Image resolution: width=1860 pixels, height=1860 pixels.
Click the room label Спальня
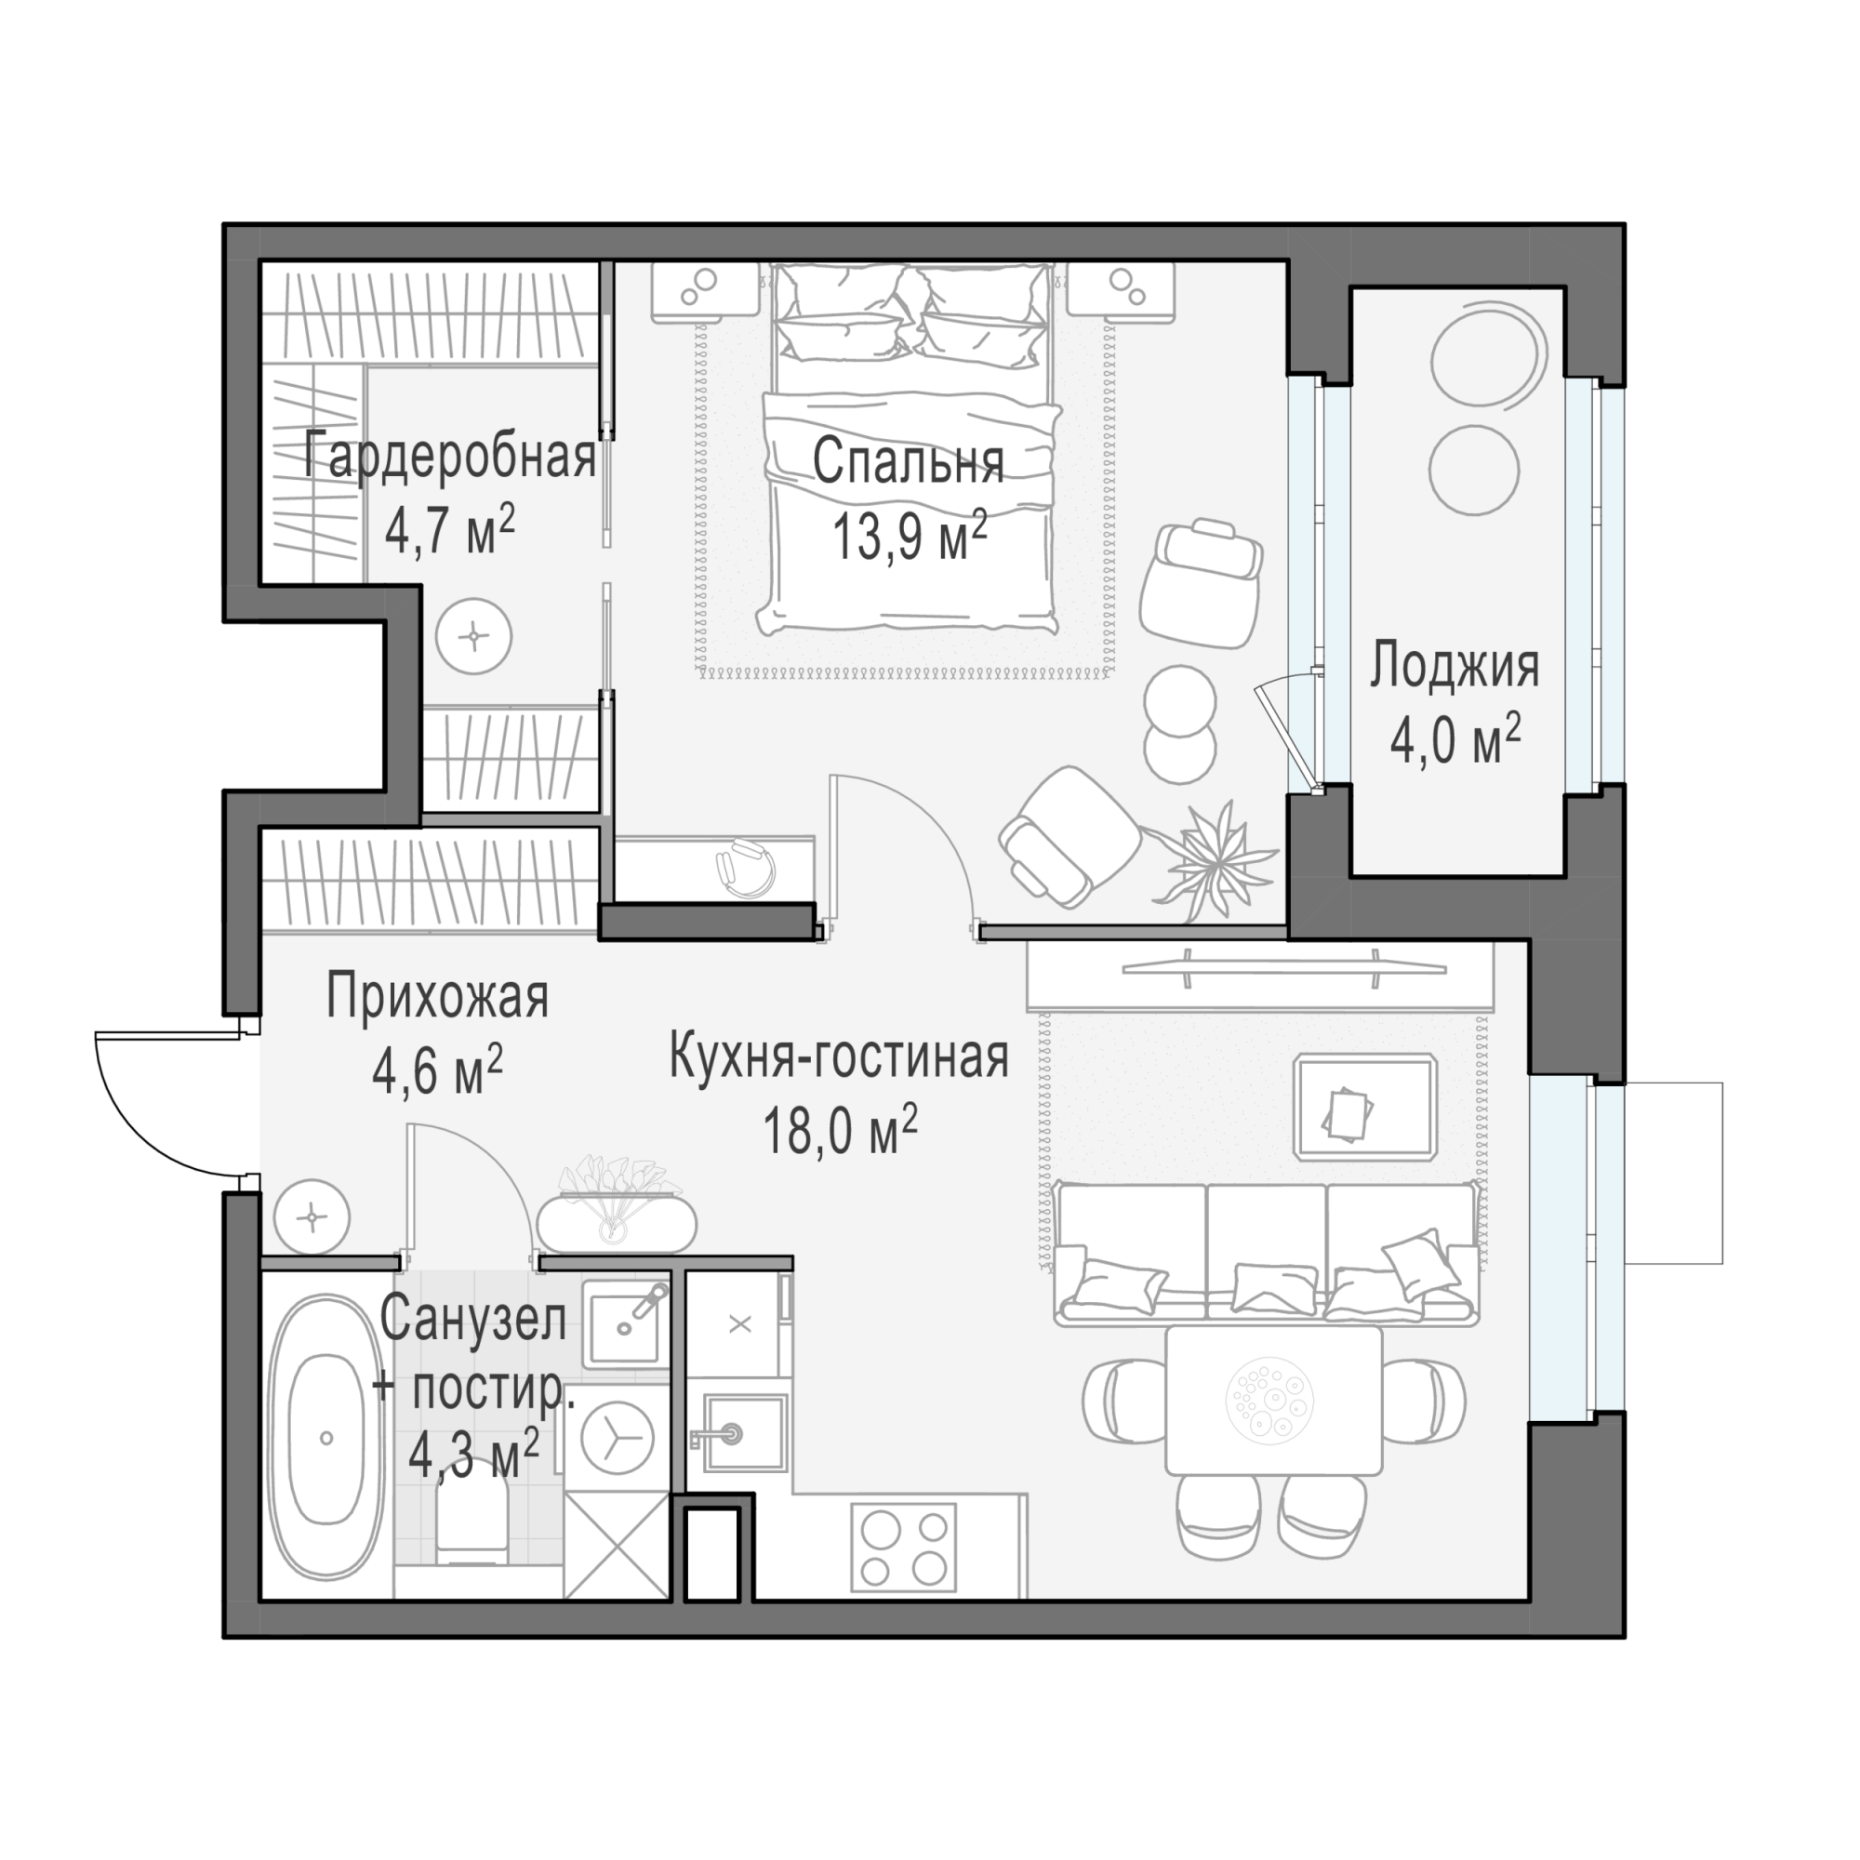click(908, 463)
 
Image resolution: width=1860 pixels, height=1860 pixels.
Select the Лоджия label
click(1455, 667)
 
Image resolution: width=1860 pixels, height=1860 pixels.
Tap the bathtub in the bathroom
click(325, 1438)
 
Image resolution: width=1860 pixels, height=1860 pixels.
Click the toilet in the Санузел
click(472, 1512)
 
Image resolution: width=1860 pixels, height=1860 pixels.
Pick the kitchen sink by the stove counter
click(743, 1432)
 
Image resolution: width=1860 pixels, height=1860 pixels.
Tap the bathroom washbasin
click(624, 1323)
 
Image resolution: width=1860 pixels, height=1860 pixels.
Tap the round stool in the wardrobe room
click(472, 636)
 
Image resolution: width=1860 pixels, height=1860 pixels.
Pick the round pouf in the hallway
click(311, 1218)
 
